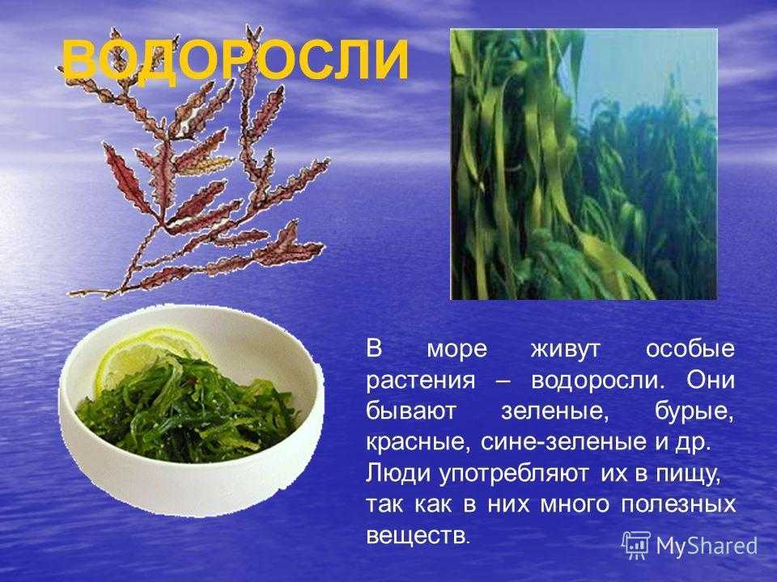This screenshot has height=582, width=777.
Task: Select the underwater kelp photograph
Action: pyautogui.click(x=584, y=164)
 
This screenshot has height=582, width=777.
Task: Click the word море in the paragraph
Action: pyautogui.click(x=456, y=350)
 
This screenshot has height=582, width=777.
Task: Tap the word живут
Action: pyautogui.click(x=565, y=350)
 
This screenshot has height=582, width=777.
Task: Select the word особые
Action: pyautogui.click(x=690, y=349)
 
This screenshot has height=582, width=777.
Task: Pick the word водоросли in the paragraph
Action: pyautogui.click(x=597, y=381)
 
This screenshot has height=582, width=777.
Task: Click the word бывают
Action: pyautogui.click(x=410, y=411)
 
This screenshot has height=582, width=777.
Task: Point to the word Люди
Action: pyautogui.click(x=398, y=473)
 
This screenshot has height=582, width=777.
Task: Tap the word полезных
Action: pyautogui.click(x=678, y=505)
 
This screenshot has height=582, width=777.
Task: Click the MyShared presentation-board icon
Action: pyautogui.click(x=635, y=546)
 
